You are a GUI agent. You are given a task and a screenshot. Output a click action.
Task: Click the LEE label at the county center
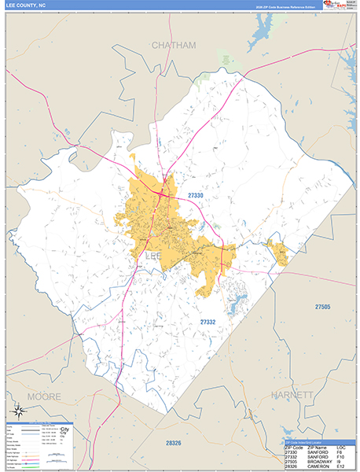[154, 256]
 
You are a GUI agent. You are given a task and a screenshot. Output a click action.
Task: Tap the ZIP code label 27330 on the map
[196, 195]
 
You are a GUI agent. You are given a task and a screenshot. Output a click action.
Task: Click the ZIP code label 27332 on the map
[208, 322]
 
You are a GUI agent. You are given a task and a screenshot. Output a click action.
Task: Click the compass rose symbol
[18, 410]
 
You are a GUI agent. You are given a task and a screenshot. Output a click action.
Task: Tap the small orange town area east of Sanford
[277, 253]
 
